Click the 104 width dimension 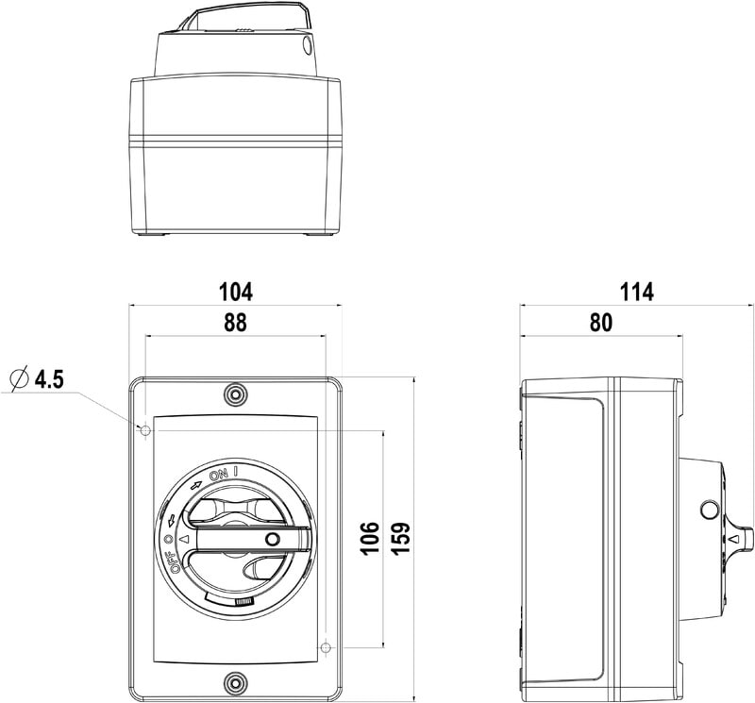point(235,293)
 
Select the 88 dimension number point(235,323)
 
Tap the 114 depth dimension point(636,293)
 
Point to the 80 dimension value point(601,323)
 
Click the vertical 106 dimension point(371,538)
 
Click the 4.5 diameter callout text point(49,380)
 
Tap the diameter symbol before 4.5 point(20,380)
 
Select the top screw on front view point(235,394)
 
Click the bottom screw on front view point(235,682)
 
